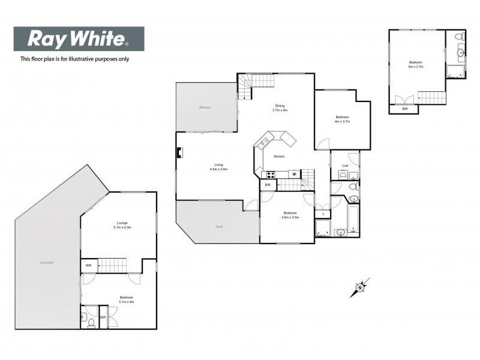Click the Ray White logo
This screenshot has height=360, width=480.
coord(79,40)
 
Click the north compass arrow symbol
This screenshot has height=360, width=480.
coord(360,287)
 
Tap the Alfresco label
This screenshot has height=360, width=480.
coord(205,107)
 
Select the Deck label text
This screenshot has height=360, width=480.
coord(220,226)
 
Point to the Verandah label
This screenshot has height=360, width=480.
coord(46,263)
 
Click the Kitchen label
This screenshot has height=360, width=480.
coord(279,157)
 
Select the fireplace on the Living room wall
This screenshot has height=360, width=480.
coord(178,152)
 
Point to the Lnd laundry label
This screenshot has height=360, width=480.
coord(345,166)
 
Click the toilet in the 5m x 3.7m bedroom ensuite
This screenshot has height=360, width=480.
coord(459,38)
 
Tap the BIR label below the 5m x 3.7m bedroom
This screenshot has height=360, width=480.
coord(404,109)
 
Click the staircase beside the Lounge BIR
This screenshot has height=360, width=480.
coord(114,265)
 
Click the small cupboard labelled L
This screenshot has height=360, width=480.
coord(323,214)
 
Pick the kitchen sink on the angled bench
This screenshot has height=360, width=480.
coord(263,142)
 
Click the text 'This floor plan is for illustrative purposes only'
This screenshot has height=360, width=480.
coord(74,59)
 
